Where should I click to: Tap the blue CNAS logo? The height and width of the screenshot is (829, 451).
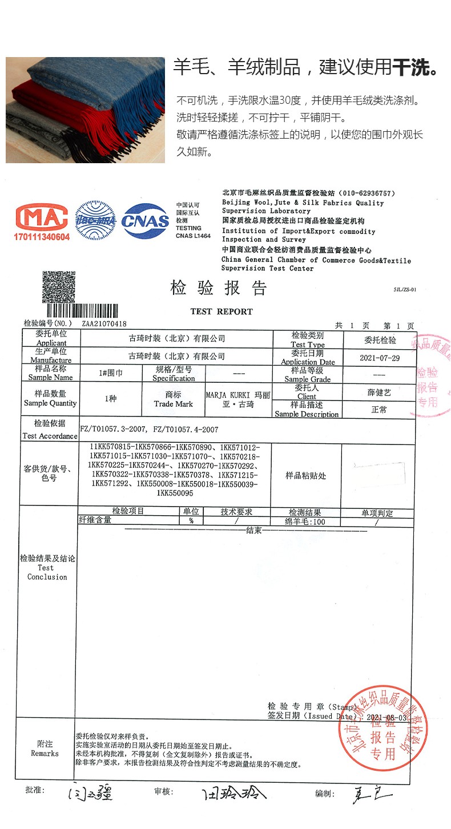145,221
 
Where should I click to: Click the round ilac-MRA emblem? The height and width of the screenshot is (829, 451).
95,220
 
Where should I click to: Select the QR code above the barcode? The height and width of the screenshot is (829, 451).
59,287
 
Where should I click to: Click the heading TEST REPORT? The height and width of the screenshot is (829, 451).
222,312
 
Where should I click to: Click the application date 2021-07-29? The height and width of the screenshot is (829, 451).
380,358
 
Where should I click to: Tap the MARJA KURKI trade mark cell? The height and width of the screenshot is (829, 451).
238,399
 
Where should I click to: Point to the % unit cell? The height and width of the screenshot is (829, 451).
191,521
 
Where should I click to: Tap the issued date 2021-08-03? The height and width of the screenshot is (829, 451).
386,717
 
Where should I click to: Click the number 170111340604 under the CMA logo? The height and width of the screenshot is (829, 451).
43,236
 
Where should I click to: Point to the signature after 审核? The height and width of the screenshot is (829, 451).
235,793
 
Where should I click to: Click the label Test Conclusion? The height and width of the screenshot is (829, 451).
47,572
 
